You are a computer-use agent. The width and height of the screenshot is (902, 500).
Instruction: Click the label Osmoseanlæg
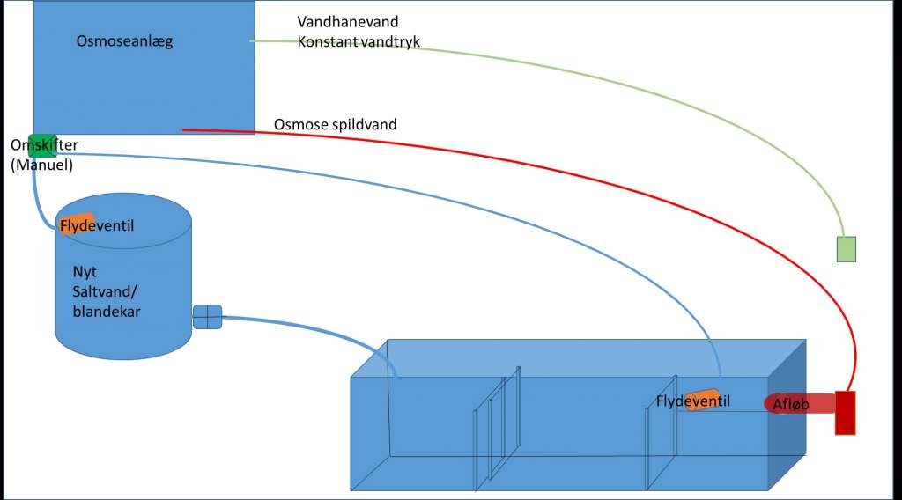click(124, 41)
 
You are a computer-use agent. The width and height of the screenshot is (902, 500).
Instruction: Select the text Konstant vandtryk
click(359, 41)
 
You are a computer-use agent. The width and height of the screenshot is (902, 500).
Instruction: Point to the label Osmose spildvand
click(335, 124)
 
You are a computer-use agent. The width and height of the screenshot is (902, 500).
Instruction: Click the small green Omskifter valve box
click(43, 145)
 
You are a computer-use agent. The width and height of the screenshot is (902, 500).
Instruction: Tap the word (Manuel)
click(41, 165)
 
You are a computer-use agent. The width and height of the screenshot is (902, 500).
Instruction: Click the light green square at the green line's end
click(846, 249)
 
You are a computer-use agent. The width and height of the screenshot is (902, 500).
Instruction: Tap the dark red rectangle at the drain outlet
click(846, 412)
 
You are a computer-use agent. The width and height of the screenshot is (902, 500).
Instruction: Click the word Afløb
click(791, 404)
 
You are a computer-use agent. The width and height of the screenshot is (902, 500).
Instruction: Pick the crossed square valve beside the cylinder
click(207, 317)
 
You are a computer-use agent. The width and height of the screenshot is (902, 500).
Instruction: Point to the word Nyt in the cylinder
click(85, 272)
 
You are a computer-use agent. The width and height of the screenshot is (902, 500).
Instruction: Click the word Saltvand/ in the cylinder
click(105, 290)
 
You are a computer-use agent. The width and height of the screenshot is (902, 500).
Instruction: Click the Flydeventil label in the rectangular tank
click(693, 401)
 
